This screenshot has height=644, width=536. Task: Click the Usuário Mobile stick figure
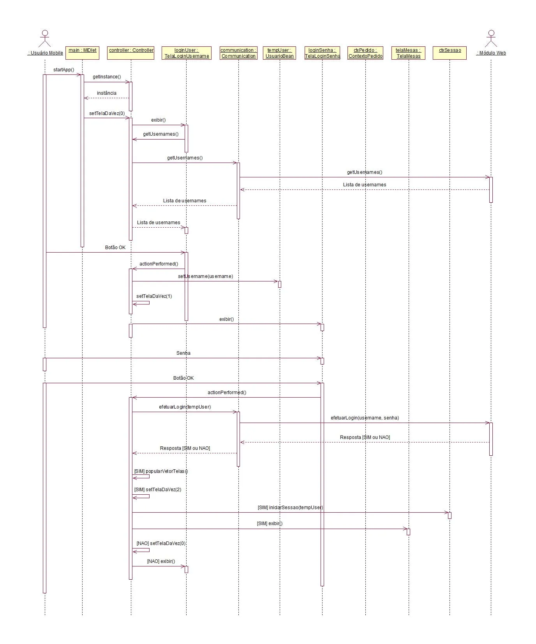click(x=45, y=38)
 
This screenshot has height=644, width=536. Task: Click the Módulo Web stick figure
click(x=491, y=38)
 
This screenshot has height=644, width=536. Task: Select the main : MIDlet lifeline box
click(x=82, y=53)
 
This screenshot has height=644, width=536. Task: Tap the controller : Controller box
click(x=131, y=53)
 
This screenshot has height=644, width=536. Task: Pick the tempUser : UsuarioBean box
click(x=280, y=53)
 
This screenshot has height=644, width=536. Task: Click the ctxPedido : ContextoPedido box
click(x=365, y=53)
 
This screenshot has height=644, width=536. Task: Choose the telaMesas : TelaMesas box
click(x=408, y=53)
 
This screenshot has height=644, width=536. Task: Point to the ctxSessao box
click(x=450, y=53)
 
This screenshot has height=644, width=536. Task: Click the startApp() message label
click(x=63, y=70)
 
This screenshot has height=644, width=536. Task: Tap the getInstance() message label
click(x=107, y=77)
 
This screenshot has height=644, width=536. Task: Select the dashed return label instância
click(x=107, y=93)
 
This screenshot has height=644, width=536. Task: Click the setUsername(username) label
click(x=205, y=276)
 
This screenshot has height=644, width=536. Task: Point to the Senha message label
click(x=183, y=353)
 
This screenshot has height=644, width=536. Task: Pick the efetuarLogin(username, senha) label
click(x=365, y=418)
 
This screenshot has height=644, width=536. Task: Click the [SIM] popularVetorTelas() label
click(x=161, y=471)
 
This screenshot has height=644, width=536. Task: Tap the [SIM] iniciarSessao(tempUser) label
click(x=290, y=508)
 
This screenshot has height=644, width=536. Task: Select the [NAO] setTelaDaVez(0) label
click(x=161, y=543)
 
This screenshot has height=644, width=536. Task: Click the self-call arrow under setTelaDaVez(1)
click(x=142, y=303)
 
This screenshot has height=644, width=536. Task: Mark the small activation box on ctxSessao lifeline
click(x=450, y=515)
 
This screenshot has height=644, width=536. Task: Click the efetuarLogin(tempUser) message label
click(x=185, y=407)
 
